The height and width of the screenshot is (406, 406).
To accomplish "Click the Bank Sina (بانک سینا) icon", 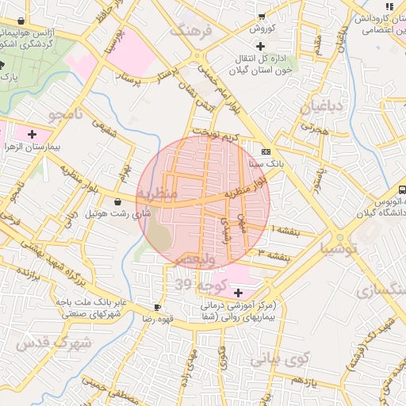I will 265,151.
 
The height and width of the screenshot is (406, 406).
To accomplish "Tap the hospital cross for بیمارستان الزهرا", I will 32,135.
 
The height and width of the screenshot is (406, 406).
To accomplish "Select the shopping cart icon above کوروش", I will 261,16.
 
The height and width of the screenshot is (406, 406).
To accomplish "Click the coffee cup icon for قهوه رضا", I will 157,307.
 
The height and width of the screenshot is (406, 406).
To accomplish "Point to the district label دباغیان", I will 322,106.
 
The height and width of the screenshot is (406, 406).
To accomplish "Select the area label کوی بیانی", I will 278,359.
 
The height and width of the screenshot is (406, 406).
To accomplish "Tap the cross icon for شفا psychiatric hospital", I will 239,293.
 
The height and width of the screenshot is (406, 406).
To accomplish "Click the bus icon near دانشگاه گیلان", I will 402,190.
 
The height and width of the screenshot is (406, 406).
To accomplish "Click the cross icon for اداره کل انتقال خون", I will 260,47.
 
